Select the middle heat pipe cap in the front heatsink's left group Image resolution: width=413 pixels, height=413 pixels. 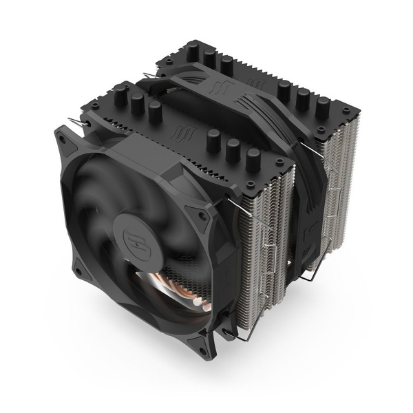click(137, 103)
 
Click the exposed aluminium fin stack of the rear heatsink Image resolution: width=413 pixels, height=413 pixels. click(337, 172)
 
